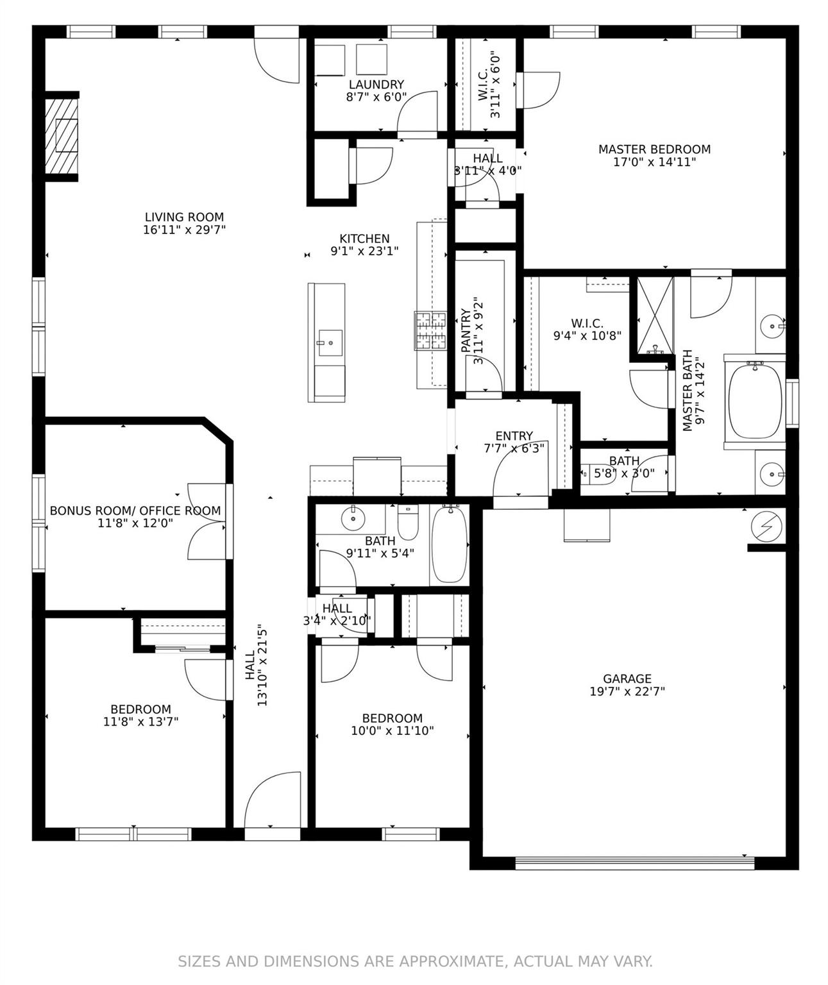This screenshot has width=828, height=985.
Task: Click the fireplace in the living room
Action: pyautogui.click(x=62, y=136)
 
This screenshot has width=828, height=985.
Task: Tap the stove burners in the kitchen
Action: pyautogui.click(x=430, y=330)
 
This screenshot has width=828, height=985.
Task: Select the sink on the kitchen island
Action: pyautogui.click(x=331, y=342)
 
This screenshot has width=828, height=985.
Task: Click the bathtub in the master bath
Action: pyautogui.click(x=755, y=401)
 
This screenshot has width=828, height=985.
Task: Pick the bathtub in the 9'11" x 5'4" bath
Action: pyautogui.click(x=450, y=543)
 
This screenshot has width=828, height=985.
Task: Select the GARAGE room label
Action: pyautogui.click(x=627, y=678)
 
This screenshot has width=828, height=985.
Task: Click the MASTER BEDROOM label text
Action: pyautogui.click(x=654, y=149)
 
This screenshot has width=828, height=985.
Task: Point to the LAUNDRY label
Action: pyautogui.click(x=376, y=85)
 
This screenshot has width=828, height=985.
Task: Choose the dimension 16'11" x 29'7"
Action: pyautogui.click(x=184, y=230)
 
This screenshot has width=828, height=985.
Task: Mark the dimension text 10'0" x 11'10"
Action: pyautogui.click(x=392, y=730)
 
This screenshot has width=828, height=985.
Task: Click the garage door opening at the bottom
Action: pyautogui.click(x=634, y=863)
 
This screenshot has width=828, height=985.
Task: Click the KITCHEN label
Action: pyautogui.click(x=364, y=239)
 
